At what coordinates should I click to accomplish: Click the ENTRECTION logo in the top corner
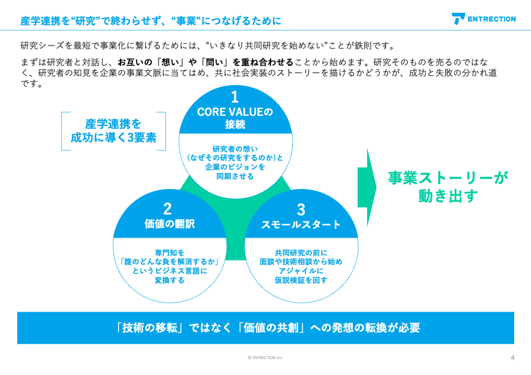[x=484, y=19]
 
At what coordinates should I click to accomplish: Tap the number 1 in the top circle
[x=235, y=97]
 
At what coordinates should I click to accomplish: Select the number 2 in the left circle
[x=167, y=209]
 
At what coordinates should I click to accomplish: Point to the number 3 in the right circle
[x=301, y=210]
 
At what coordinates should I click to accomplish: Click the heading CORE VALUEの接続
[x=235, y=118]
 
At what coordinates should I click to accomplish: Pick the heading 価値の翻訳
[x=169, y=224]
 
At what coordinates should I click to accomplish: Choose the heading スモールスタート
[x=301, y=224]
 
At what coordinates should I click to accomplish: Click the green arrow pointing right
[x=367, y=187]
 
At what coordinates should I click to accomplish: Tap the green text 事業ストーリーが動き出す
[x=448, y=187]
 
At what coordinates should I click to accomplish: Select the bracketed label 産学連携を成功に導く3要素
[x=114, y=131]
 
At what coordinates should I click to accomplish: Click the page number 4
[x=512, y=357]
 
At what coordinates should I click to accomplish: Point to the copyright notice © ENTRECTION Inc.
[x=265, y=358]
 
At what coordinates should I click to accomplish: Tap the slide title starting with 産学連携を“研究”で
[x=151, y=21]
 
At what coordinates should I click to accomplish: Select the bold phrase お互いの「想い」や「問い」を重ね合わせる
[x=205, y=62]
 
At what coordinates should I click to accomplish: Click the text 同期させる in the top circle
[x=235, y=176]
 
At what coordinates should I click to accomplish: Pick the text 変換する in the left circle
[x=169, y=280]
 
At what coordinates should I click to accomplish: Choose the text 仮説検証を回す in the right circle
[x=301, y=280]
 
